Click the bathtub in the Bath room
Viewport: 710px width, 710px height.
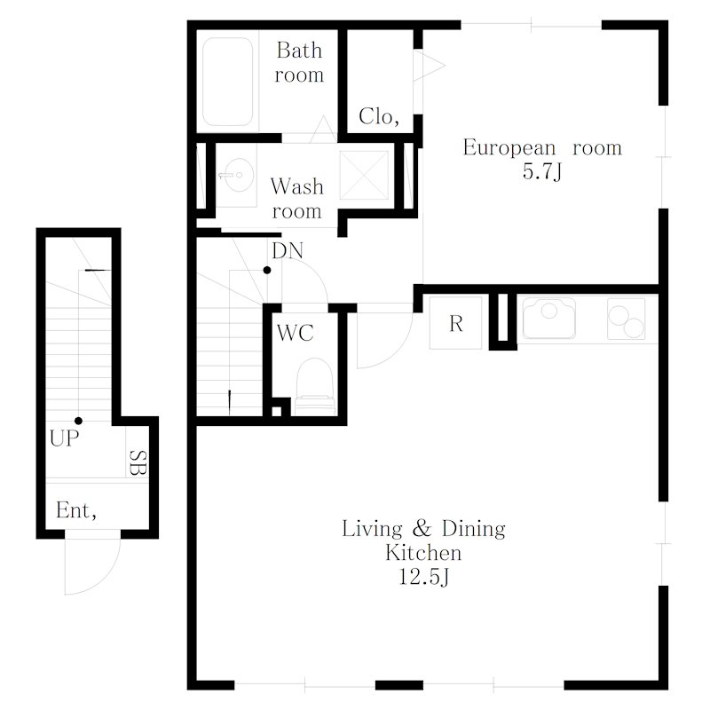[x=227, y=82]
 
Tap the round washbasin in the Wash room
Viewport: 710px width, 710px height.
[x=236, y=175]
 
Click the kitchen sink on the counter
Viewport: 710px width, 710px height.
[x=549, y=319]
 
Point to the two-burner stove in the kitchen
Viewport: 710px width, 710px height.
[x=627, y=319]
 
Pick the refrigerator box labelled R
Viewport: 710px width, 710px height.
[x=455, y=323]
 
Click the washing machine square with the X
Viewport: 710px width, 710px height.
[x=364, y=175]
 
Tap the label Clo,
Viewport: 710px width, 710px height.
[x=379, y=117]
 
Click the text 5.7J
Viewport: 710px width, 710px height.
[x=542, y=172]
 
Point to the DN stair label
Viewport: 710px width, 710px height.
[x=288, y=251]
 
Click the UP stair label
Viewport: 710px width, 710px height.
[x=64, y=438]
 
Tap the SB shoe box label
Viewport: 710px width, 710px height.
[x=138, y=462]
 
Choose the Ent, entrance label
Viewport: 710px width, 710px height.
[x=76, y=511]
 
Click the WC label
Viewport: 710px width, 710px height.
[x=296, y=334]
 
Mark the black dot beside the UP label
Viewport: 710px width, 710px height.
[x=78, y=421]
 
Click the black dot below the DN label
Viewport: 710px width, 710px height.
[x=267, y=271]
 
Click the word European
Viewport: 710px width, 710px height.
[x=509, y=148]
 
